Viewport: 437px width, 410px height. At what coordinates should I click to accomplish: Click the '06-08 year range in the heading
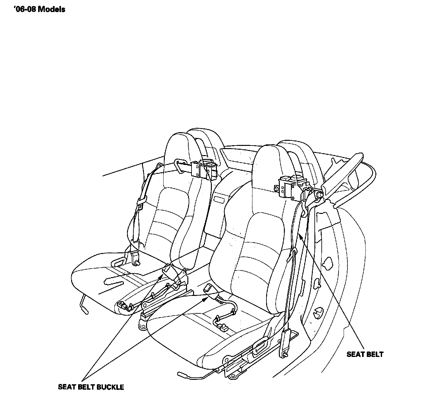[x=25, y=10]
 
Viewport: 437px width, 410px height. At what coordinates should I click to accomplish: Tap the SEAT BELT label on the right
[x=365, y=354]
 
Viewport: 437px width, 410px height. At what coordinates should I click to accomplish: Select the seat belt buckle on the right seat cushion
[x=208, y=288]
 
